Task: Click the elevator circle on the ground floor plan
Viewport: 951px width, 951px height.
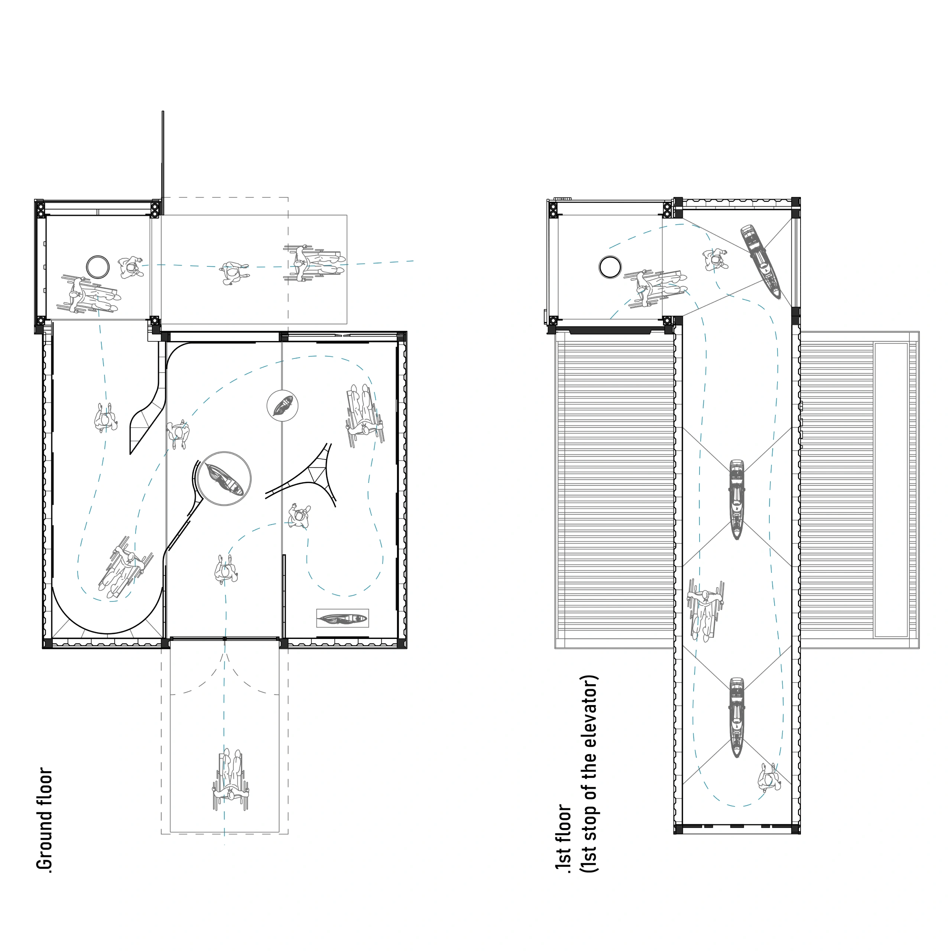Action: pyautogui.click(x=98, y=267)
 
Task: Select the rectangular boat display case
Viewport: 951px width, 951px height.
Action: pyautogui.click(x=342, y=618)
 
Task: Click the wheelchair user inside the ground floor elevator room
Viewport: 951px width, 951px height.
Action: pyautogui.click(x=89, y=295)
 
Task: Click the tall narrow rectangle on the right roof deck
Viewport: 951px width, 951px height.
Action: pyautogui.click(x=891, y=490)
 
